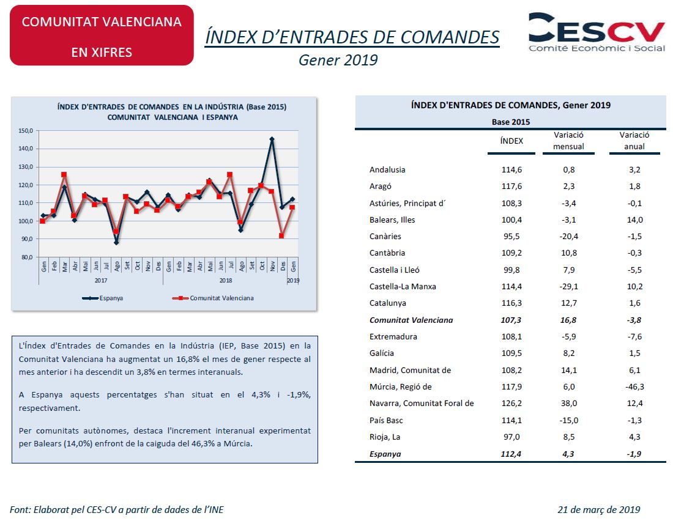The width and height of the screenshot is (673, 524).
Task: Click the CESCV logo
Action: [597, 32]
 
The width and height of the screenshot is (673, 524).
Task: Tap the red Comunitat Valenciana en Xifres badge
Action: [102, 35]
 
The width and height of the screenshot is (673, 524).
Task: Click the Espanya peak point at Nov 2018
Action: [272, 139]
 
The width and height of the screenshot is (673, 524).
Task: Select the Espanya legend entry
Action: [103, 298]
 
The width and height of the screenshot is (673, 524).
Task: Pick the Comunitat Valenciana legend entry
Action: [213, 298]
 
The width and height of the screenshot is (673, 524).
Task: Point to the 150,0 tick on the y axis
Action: [26, 130]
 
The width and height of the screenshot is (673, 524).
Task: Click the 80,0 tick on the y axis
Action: [26, 257]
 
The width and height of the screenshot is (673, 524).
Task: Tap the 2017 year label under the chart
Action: [101, 281]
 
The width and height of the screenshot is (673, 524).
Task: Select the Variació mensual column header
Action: [569, 141]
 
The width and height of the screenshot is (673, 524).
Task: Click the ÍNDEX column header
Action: [511, 141]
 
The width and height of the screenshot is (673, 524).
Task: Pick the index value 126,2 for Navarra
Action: [511, 403]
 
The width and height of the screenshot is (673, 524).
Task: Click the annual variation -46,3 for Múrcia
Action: [634, 386]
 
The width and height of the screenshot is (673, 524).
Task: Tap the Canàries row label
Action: [385, 236]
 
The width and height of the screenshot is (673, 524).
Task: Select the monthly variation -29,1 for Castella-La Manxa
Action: [569, 286]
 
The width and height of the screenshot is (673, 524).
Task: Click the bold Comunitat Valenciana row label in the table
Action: [411, 320]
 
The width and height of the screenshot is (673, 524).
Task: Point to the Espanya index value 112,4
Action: [511, 454]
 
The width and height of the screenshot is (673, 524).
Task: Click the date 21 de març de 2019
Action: [599, 509]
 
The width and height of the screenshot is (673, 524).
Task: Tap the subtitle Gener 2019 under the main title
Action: [338, 60]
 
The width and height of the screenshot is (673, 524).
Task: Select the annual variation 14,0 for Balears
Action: [634, 220]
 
